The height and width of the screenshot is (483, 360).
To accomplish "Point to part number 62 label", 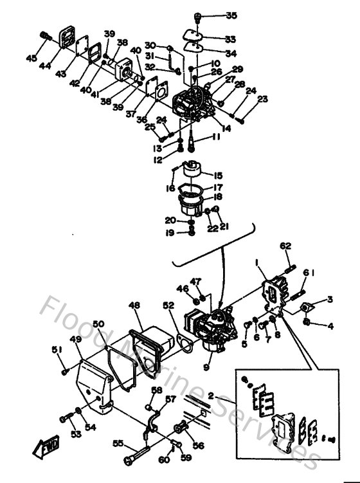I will (x=285, y=245).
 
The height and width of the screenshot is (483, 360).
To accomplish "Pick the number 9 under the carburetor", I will (x=206, y=367).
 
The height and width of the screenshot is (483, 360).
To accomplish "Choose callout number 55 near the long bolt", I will (x=118, y=444).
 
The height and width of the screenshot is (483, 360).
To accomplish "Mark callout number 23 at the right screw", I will (x=262, y=99).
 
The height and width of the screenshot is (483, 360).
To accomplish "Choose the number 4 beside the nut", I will (x=330, y=326).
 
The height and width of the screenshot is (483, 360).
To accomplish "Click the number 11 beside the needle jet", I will (x=217, y=138).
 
